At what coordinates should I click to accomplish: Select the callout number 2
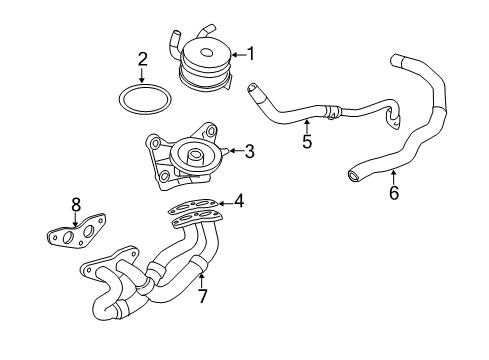(x=143, y=59)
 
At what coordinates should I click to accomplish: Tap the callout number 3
(x=249, y=152)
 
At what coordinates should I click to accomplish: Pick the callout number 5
(x=307, y=141)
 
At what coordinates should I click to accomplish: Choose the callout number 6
(x=393, y=193)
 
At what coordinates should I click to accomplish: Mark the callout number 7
(x=202, y=296)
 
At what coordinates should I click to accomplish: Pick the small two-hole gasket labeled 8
(x=74, y=236)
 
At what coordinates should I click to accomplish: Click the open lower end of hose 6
(x=354, y=177)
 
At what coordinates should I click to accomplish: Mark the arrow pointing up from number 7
(x=201, y=278)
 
